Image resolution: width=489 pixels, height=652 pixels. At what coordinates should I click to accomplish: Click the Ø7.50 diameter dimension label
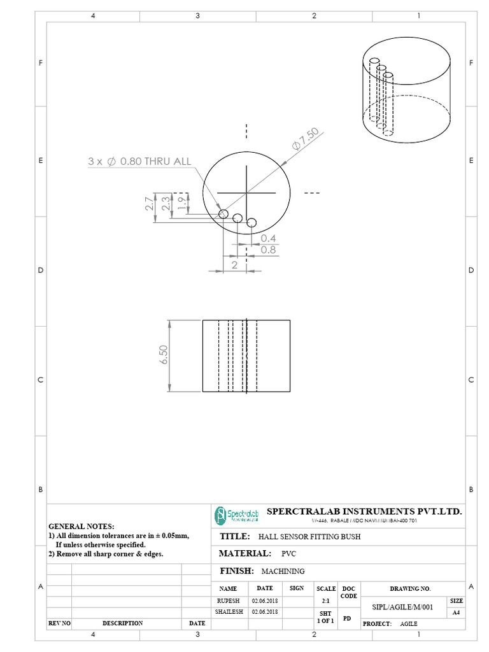pos(306,139)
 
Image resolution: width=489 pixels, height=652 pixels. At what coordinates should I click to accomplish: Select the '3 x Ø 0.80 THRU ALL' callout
pos(139,162)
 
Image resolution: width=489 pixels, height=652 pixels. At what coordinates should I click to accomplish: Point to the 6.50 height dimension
pos(164,355)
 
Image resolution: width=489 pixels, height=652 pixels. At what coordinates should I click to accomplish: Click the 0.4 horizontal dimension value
pos(268,238)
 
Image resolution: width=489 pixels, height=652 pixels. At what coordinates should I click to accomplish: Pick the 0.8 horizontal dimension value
pos(268,250)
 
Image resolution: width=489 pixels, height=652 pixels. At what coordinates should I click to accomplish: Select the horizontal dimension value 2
pos(234,264)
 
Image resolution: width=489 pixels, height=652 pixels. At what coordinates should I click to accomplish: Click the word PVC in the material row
pos(288,554)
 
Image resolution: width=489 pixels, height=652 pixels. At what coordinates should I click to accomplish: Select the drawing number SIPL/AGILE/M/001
pos(402,607)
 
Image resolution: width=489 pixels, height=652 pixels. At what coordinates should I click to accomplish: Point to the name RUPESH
pos(227,600)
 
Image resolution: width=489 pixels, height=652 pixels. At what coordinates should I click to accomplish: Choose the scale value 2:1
pos(326,600)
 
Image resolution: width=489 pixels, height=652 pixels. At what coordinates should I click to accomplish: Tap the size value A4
pos(456,613)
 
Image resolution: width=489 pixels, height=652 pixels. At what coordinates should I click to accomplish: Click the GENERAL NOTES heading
pos(81,527)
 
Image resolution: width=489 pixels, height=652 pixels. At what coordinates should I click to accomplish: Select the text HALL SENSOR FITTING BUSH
pos(309,537)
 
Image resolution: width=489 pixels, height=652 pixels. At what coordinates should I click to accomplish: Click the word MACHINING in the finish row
pos(283,572)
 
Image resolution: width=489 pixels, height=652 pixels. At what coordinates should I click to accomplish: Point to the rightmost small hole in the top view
pos(252,222)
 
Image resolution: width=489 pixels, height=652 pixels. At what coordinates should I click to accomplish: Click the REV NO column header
pos(59,623)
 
